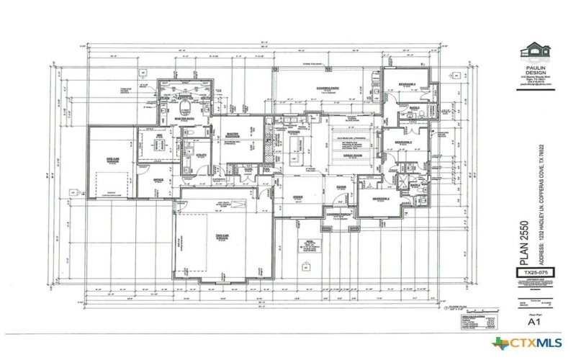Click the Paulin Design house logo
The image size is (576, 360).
[535, 52]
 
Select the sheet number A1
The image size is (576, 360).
[535, 322]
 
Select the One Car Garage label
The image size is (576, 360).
[112, 159]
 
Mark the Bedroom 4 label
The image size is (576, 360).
[407, 84]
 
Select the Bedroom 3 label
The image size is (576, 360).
[403, 143]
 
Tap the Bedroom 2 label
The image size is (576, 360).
[381, 198]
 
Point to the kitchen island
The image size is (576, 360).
[294, 148]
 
